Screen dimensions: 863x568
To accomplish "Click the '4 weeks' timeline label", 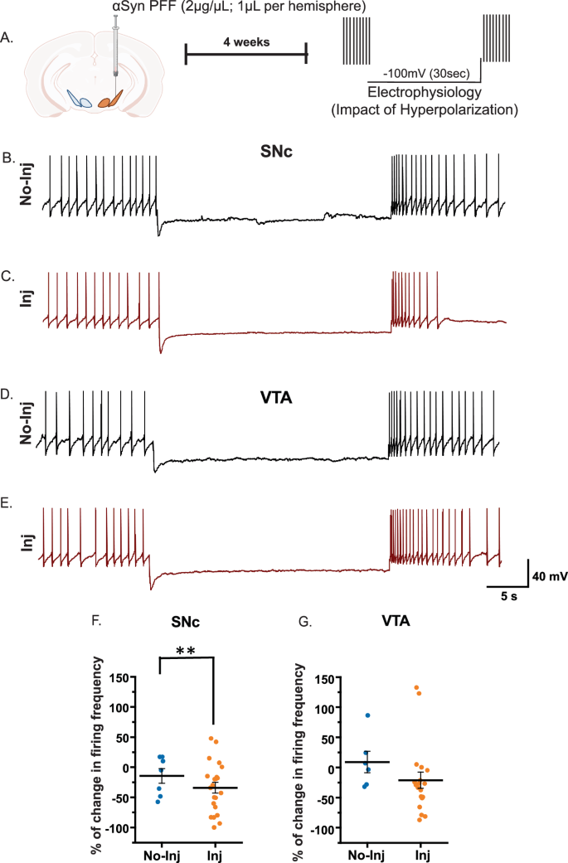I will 245,41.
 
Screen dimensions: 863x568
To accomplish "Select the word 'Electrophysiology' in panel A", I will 424,90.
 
